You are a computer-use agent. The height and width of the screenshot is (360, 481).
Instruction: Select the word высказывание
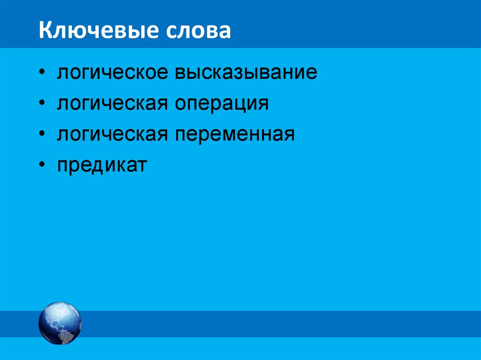pos(246,74)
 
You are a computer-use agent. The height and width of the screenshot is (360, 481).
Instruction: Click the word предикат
pos(102,165)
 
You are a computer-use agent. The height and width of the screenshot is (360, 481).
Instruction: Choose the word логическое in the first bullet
pos(113,74)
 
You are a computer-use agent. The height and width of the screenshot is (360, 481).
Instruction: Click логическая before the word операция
pos(113,104)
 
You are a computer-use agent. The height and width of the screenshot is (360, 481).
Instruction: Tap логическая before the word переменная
pos(113,135)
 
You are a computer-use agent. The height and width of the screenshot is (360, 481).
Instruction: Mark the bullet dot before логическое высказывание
pos(43,74)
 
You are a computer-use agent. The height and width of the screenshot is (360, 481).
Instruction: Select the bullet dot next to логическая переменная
pos(43,135)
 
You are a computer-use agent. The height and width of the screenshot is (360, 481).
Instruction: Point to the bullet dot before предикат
pos(43,165)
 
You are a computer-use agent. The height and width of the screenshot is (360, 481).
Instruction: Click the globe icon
pos(60,323)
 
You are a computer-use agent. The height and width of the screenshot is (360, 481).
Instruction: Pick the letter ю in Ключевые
pos(70,31)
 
